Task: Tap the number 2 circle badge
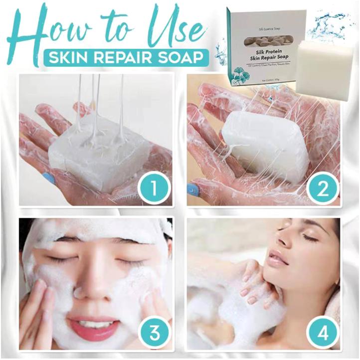322,188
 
